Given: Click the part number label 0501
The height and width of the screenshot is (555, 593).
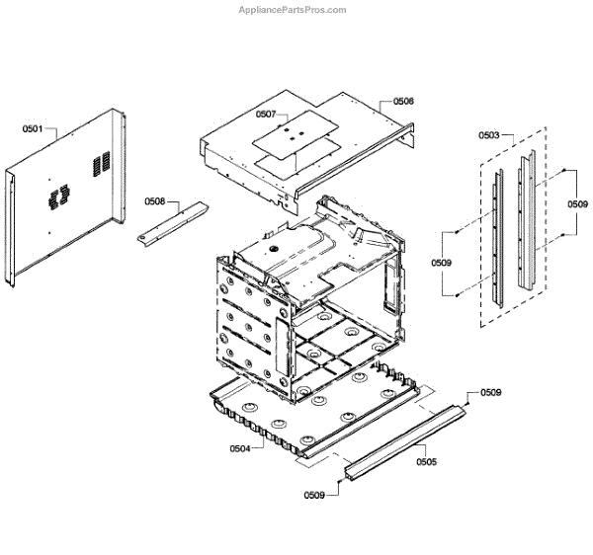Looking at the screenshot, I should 33,128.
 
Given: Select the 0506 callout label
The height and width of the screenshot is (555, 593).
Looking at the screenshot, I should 403,101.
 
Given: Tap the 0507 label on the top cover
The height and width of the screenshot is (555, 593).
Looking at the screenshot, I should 266,115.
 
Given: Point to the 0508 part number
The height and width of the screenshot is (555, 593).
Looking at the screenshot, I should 155,201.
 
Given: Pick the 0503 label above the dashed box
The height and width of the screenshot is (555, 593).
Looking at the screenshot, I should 488,134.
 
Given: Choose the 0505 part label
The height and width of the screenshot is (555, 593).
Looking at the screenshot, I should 426,461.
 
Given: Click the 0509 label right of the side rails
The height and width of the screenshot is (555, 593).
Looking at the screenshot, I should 577,203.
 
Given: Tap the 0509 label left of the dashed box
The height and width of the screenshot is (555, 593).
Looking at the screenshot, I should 441,263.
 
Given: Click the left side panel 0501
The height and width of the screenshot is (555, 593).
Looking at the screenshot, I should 64,198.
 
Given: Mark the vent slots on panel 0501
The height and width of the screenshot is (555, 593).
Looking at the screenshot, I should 100,162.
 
